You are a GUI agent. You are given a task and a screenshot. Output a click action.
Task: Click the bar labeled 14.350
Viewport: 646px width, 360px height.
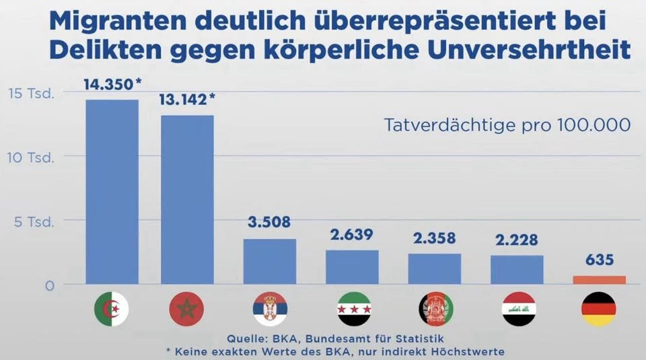tap(112, 192)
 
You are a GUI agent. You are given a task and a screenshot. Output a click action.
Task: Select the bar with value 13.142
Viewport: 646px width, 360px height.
tap(187, 199)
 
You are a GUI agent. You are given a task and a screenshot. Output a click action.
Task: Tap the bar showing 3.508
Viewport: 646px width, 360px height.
tap(270, 261)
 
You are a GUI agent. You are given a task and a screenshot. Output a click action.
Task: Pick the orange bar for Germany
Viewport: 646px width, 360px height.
tap(599, 280)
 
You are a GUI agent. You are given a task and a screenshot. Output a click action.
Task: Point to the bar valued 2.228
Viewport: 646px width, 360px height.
tap(517, 269)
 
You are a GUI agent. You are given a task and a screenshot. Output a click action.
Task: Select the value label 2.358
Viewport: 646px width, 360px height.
tap(434, 238)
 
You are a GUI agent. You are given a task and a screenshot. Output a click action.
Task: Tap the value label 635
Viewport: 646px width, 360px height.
tap(599, 260)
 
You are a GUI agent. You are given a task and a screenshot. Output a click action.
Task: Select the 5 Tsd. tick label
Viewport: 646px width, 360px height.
tap(34, 221)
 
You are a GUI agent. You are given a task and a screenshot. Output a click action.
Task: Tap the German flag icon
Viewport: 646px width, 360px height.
tap(598, 310)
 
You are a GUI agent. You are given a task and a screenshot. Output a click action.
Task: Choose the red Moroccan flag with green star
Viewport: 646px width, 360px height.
tap(186, 310)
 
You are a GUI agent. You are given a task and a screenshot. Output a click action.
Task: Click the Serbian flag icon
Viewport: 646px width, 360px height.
tap(270, 310)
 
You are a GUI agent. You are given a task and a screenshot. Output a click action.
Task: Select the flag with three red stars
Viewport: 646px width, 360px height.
tap(352, 310)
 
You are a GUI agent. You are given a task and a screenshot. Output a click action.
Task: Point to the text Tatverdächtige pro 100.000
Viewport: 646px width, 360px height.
tap(507, 125)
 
